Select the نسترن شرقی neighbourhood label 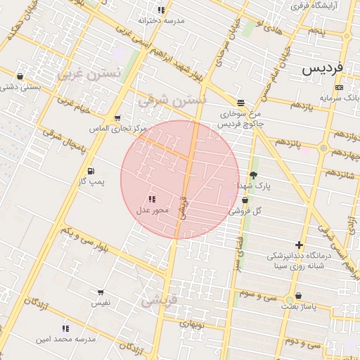171,101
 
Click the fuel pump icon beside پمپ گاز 91,171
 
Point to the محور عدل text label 151,210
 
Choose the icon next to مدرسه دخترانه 161,10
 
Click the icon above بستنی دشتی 20,76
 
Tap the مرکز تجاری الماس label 117,129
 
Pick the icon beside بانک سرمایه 340,87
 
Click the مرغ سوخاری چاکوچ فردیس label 240,118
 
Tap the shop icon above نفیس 101,292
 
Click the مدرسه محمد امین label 65,339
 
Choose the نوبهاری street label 191,324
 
